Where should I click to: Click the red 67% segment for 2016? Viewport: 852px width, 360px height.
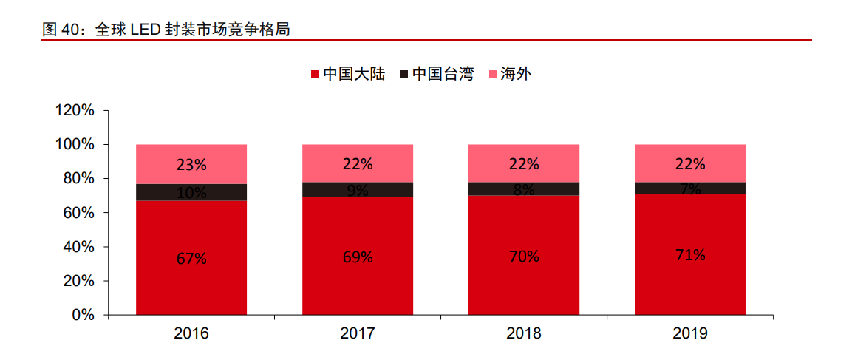click(x=191, y=257)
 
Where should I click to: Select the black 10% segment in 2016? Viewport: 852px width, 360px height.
click(x=191, y=192)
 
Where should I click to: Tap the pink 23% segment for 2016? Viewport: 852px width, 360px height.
click(x=191, y=164)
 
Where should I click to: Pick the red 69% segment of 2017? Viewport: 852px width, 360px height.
click(x=358, y=256)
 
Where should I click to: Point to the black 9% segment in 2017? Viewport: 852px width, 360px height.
click(x=358, y=189)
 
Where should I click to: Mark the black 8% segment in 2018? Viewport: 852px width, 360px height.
click(x=524, y=189)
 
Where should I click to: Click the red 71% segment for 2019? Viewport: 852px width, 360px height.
click(x=690, y=254)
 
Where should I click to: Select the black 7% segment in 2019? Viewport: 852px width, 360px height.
click(x=690, y=188)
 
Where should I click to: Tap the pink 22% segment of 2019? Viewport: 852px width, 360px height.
click(x=690, y=163)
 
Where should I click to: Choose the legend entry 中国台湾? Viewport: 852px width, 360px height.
click(x=437, y=74)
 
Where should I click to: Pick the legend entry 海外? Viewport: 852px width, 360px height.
click(x=510, y=74)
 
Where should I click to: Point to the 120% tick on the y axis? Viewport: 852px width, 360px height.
click(x=75, y=111)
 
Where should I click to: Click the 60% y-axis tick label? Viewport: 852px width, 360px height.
click(x=78, y=213)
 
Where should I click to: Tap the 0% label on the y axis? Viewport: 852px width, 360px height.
click(x=84, y=315)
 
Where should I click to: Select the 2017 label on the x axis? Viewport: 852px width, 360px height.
click(x=358, y=333)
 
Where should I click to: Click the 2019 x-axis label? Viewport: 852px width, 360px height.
click(x=690, y=333)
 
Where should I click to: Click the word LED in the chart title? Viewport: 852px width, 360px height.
click(x=147, y=30)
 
